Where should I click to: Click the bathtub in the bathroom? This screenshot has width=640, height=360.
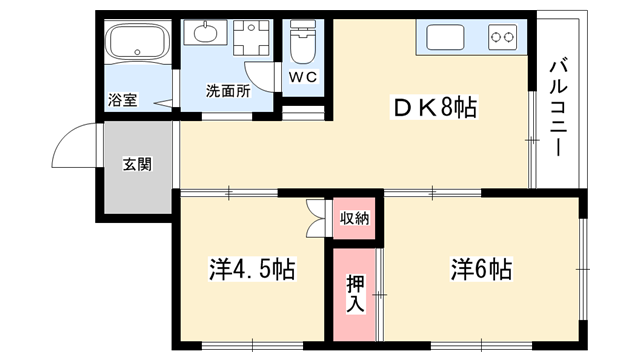pos(137,42)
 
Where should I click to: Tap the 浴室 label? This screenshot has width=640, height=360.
pos(122,100)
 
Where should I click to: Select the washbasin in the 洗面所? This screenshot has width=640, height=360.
pos(205,33)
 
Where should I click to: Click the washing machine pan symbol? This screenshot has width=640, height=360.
pos(251,38)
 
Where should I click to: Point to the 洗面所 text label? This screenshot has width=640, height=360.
pos(228,91)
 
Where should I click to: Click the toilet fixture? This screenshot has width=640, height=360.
pos(303,42)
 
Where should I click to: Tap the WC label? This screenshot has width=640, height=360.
pos(303,77)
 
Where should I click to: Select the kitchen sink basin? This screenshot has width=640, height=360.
pos(445,37)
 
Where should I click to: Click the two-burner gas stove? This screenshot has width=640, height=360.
pos(502,37)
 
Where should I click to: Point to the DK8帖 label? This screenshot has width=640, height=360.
pos(433,108)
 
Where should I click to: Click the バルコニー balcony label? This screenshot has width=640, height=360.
pos(558,108)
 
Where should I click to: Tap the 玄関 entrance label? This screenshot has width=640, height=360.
pos(138,164)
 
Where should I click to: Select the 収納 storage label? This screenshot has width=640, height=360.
pos(355,219)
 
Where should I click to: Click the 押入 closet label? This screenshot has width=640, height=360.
pos(355,294)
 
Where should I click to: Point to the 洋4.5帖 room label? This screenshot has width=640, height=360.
pos(252,269)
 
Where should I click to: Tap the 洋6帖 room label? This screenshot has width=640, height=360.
pos(481,269)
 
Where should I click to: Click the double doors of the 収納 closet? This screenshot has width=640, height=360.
pos(316,219)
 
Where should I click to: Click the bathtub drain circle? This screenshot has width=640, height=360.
pos(138,52)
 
